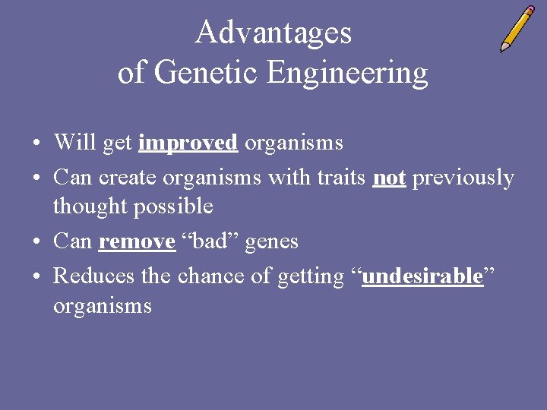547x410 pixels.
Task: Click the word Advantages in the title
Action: click(273, 33)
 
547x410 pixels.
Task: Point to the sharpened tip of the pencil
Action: click(501, 50)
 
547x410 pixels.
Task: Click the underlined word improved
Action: click(188, 143)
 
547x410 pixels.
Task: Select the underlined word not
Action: click(389, 178)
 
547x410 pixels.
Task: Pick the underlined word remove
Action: click(137, 241)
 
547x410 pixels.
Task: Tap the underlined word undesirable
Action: click(422, 276)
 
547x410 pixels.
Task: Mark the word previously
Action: click(463, 178)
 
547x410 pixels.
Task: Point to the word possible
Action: click(178, 207)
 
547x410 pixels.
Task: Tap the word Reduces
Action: click(95, 276)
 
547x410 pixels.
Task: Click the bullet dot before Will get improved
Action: click(36, 143)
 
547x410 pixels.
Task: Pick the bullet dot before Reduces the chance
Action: click(36, 277)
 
